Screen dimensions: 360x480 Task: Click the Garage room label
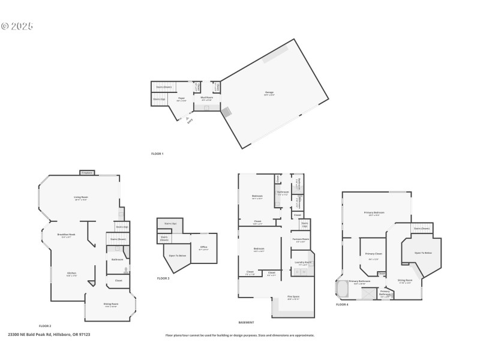coord(269,92)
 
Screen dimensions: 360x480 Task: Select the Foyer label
coord(181,99)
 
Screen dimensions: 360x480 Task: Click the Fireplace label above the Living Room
coord(87,173)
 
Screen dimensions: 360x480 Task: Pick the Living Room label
coord(81,197)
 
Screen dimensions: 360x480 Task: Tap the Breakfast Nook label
coord(66,235)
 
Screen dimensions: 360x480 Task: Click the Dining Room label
coord(112,304)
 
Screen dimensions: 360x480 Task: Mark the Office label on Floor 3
coord(204,247)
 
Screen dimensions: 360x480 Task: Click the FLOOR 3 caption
coord(163,278)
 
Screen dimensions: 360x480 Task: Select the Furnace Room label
coord(301,239)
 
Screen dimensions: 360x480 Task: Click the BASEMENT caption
coord(246,322)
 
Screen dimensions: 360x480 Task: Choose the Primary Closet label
coord(372,254)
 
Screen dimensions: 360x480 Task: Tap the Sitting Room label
coord(405,280)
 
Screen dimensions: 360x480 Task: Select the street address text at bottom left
coord(49,335)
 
